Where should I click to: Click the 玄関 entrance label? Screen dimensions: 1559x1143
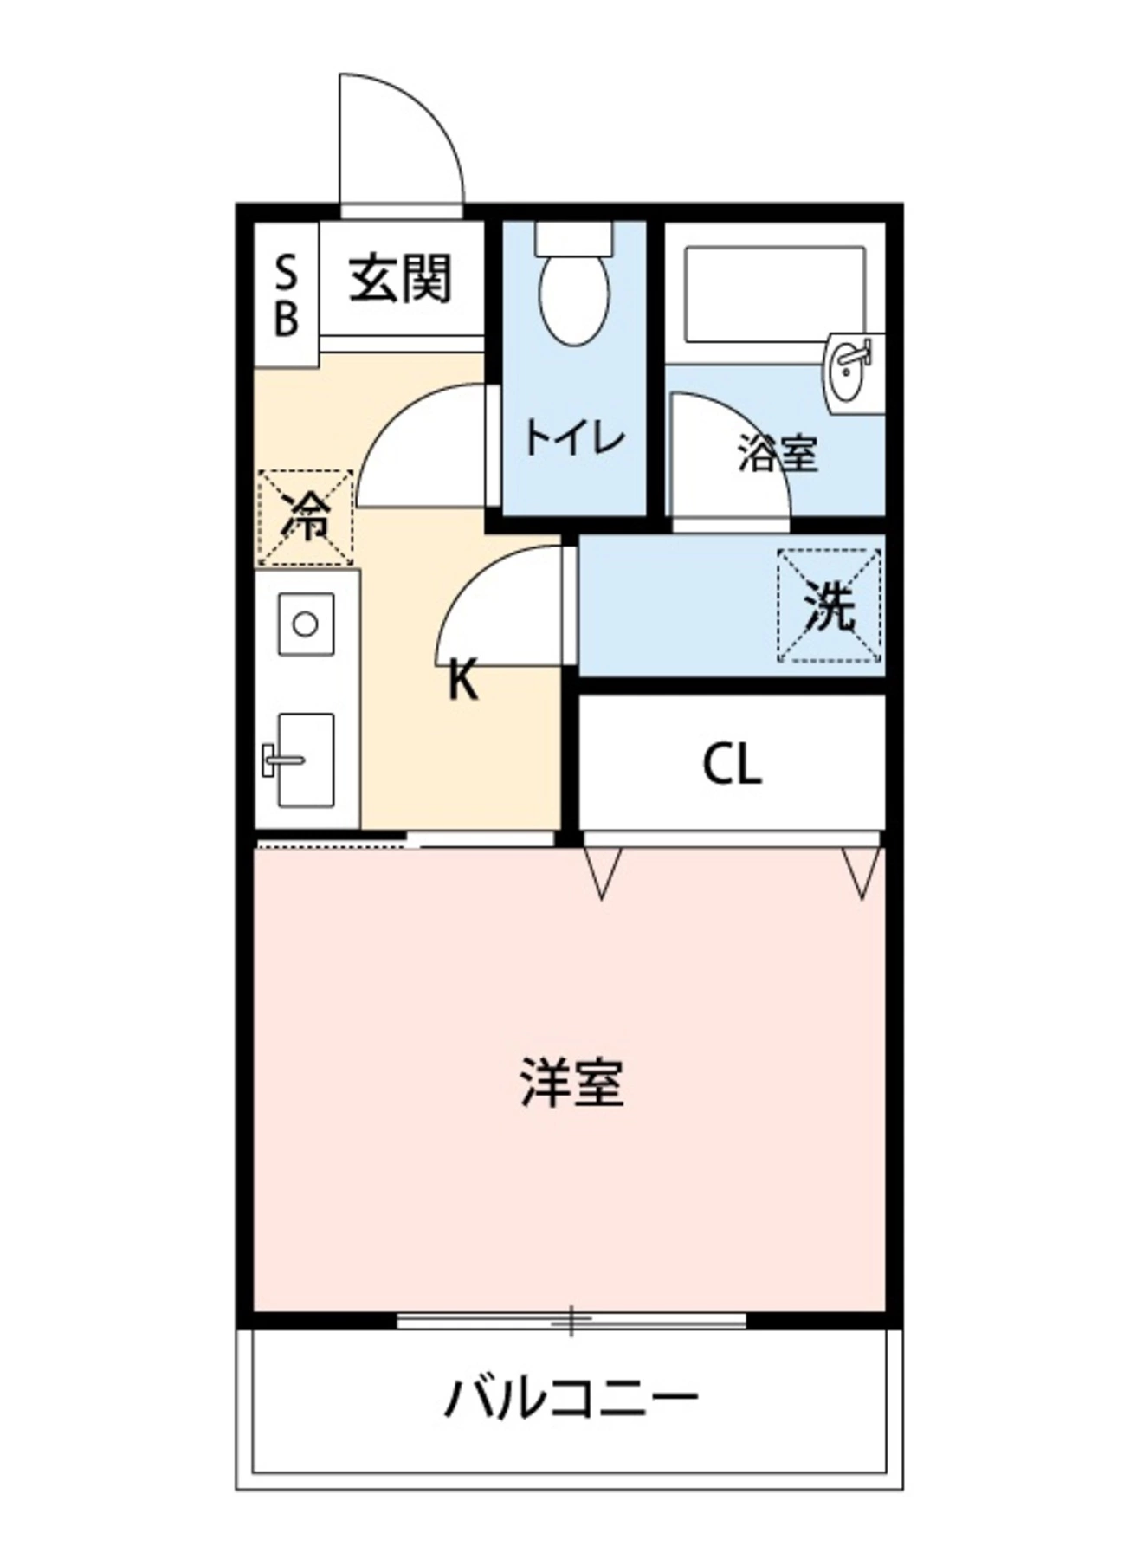401,280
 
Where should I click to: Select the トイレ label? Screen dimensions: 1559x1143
573,438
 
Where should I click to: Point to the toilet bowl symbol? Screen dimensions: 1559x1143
573,295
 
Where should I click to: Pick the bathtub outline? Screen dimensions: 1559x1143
774,294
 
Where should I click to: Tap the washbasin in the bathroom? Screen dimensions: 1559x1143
851,367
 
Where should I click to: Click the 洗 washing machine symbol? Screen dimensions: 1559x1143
830,605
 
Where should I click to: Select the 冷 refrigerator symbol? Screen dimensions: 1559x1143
305,518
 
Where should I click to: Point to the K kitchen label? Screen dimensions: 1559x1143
463,679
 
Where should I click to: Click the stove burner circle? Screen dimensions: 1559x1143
305,624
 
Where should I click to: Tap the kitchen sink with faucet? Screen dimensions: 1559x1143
303,760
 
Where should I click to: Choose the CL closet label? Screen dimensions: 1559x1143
732,765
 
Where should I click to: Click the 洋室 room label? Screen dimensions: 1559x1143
571,1082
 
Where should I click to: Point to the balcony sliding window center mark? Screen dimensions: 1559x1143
571,1321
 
